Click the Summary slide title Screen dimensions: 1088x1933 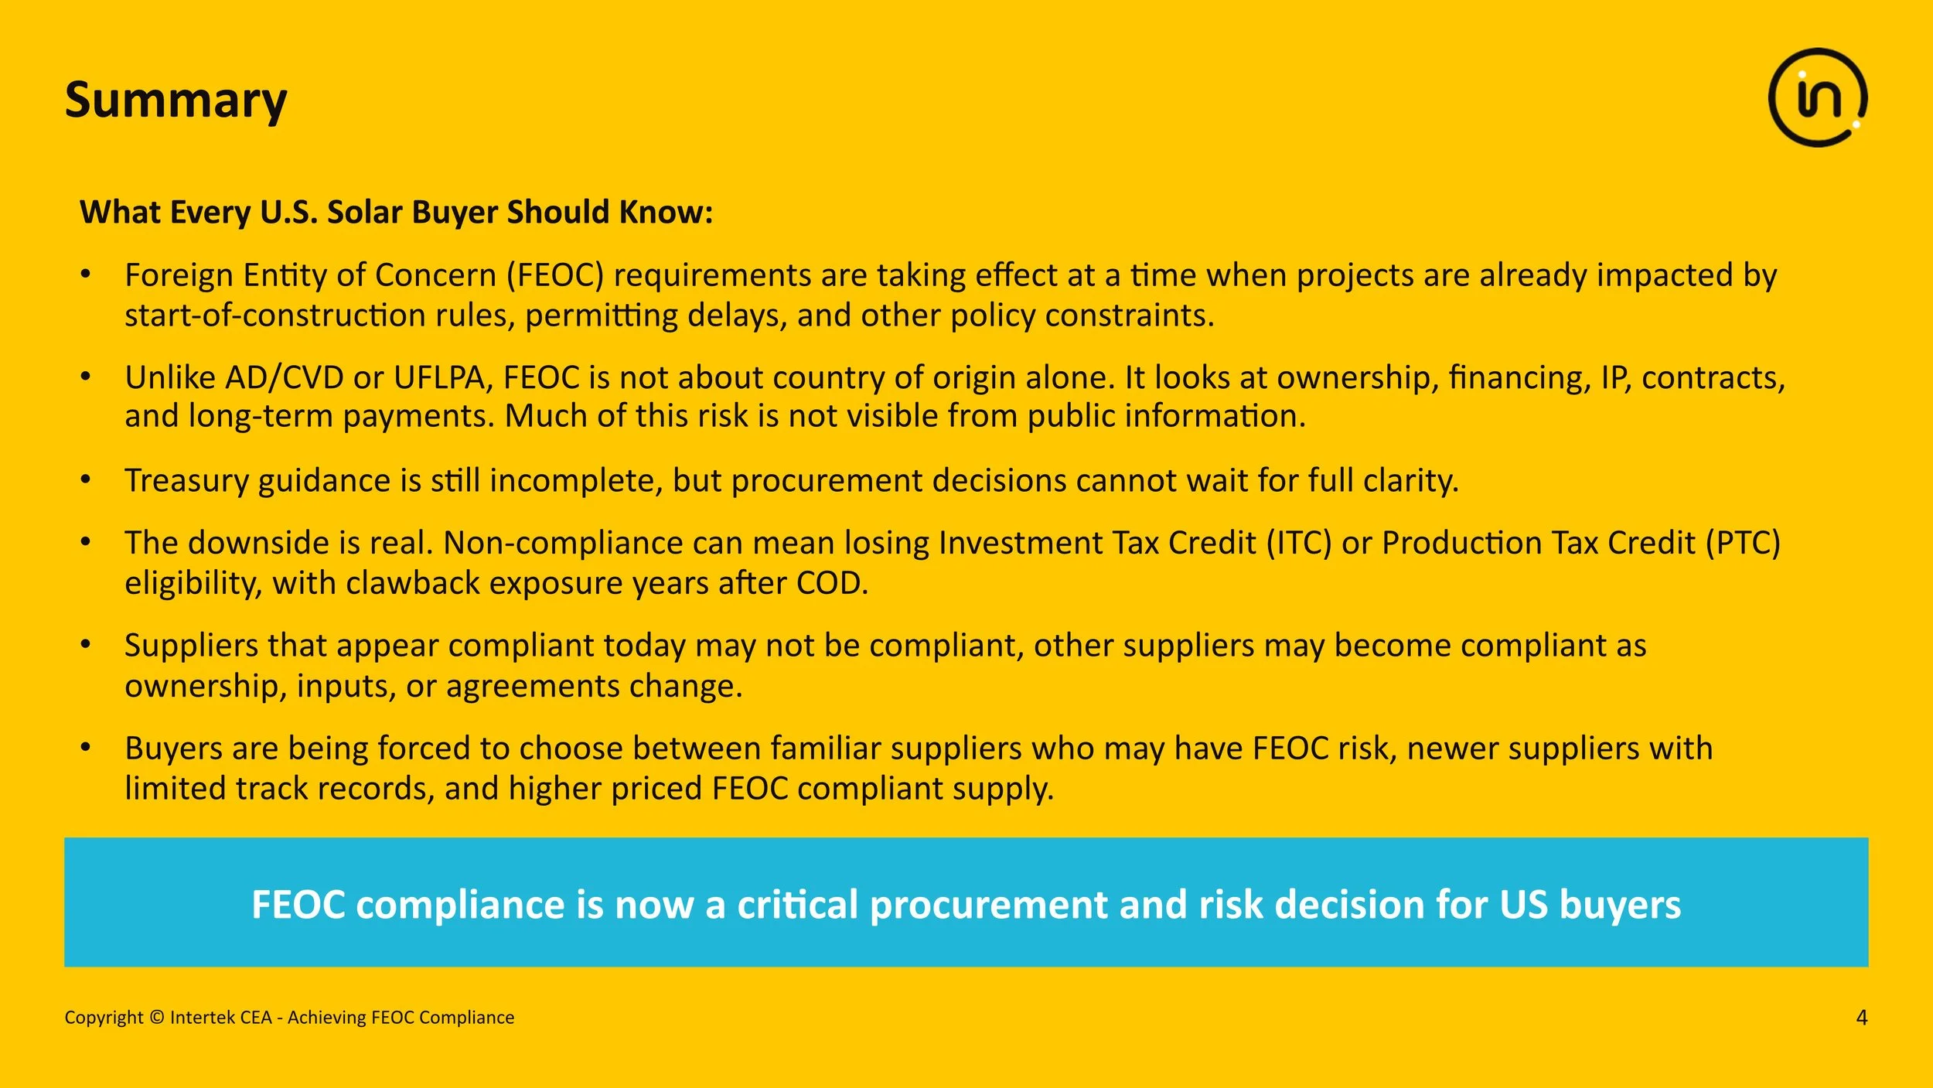pos(176,101)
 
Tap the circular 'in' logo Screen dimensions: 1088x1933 pos(1817,97)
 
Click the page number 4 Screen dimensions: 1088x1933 pos(1861,1018)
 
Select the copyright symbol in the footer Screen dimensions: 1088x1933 pos(156,1018)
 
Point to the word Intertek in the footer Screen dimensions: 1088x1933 pos(199,1018)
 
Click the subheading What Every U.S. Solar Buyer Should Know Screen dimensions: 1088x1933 pos(396,213)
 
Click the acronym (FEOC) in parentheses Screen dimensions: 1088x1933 pos(555,276)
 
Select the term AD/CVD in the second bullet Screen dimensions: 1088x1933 pos(284,378)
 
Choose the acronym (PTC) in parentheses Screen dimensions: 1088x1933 pos(1744,544)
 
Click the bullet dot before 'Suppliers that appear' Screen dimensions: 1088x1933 pos(86,645)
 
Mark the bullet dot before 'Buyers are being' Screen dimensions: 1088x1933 pos(86,748)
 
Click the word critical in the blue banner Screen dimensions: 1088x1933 pos(797,905)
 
